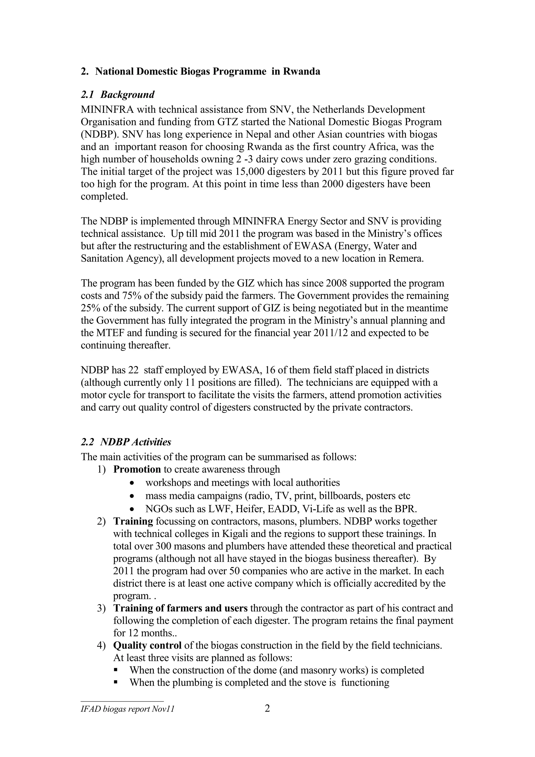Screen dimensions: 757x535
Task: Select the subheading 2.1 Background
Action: coord(118,95)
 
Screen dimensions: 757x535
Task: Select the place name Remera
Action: coord(406,258)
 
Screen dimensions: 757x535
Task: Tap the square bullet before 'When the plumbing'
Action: coord(116,683)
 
